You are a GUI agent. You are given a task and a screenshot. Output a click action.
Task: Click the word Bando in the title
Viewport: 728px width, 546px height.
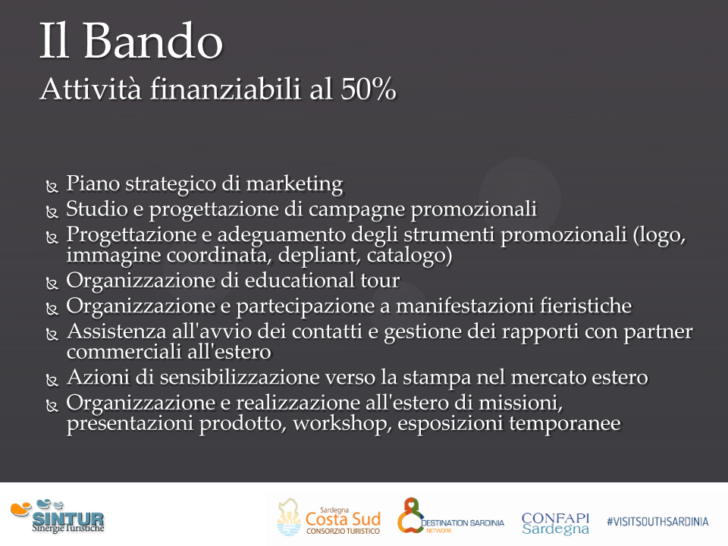(x=152, y=41)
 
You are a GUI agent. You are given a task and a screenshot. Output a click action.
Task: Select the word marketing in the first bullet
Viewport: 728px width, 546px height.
(x=294, y=184)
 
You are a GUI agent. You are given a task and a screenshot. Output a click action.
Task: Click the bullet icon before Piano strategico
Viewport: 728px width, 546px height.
(x=52, y=187)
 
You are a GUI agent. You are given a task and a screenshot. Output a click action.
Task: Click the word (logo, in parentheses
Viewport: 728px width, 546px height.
(x=659, y=234)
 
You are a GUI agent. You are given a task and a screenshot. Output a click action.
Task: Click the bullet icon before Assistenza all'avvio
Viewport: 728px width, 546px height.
(x=52, y=334)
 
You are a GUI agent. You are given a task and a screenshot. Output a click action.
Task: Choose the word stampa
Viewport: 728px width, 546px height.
(x=437, y=378)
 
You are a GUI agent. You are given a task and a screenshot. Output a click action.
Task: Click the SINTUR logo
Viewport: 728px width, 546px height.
(x=58, y=516)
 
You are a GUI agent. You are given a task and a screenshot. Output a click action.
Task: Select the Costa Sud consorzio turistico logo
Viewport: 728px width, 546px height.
(x=328, y=517)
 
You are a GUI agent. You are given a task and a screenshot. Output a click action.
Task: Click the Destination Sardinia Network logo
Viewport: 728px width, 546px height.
(x=450, y=516)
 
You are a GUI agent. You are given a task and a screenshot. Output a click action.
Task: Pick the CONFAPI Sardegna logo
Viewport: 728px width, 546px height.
(x=555, y=523)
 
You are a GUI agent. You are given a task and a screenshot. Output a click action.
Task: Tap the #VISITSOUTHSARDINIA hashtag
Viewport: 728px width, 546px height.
(x=657, y=522)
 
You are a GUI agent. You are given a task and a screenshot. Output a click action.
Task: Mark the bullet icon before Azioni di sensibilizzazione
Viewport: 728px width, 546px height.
(x=52, y=381)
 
